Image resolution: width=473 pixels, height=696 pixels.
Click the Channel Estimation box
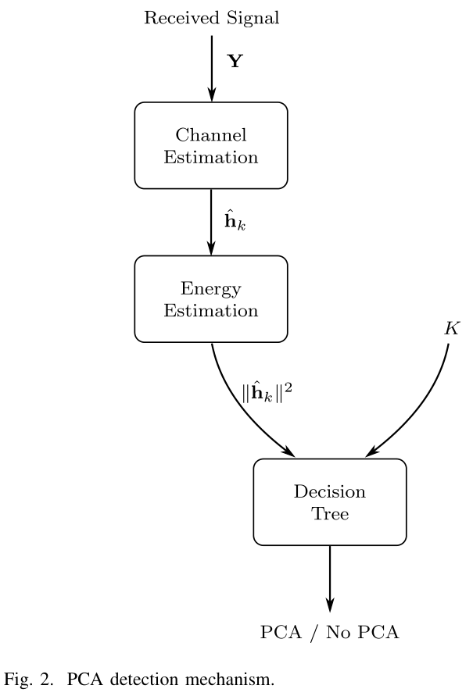coord(211,145)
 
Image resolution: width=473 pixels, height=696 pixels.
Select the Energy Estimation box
coord(211,299)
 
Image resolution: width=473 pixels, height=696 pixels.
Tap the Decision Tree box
coord(329,501)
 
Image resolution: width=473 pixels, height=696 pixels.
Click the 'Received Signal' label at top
coord(211,18)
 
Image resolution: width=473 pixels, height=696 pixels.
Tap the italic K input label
coord(452,328)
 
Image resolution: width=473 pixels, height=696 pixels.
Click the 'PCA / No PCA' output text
coord(329,632)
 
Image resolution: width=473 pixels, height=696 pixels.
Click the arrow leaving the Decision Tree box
coord(329,578)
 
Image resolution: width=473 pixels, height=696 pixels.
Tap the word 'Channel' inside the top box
coord(211,135)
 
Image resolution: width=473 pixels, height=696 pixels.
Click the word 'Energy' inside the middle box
coord(211,289)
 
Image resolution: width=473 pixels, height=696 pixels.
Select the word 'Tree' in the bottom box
coord(329,513)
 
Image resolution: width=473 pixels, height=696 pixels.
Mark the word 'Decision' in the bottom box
coord(329,491)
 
